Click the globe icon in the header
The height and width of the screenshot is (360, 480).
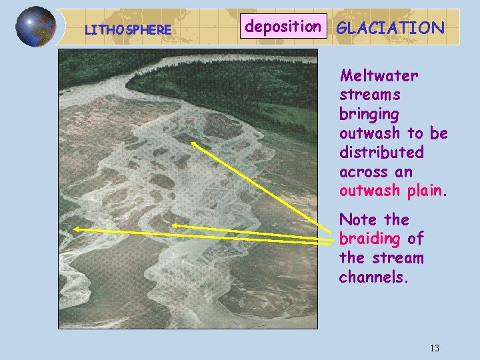click(36, 27)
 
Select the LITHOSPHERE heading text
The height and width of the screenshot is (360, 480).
click(128, 30)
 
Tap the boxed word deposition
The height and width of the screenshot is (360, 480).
click(283, 27)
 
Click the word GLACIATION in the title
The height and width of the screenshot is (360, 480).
click(391, 28)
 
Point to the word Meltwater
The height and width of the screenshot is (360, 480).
click(379, 75)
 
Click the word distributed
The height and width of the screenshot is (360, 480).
click(381, 153)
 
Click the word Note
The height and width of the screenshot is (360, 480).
click(359, 219)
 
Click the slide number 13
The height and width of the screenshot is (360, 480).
click(435, 348)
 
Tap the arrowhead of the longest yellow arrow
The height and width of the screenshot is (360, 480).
click(75, 229)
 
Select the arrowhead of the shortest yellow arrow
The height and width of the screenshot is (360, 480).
click(175, 226)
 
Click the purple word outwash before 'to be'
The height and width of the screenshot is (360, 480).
click(370, 133)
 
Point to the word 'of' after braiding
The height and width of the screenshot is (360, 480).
click(415, 239)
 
